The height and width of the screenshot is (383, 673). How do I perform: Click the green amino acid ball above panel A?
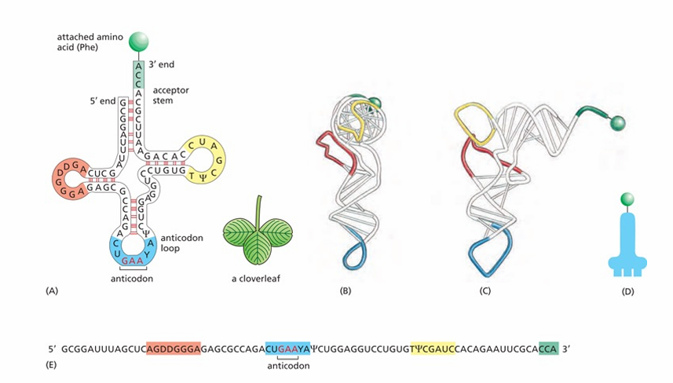pos(139,42)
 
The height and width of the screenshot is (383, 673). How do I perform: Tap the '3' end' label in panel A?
pos(162,65)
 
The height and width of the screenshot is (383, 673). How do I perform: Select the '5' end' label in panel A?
pos(103,101)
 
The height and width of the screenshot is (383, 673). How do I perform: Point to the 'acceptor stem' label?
pos(171,95)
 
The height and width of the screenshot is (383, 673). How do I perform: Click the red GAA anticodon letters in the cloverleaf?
pos(133,261)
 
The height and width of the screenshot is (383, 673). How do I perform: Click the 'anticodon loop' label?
pos(181,243)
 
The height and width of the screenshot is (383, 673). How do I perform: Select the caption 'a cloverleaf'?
pos(256,279)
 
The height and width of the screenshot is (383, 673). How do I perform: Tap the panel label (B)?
pos(345,291)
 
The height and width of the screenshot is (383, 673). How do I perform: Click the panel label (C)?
pos(485,291)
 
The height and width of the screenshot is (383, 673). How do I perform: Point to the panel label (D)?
pos(627,292)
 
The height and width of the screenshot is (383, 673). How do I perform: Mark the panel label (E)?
pos(51,365)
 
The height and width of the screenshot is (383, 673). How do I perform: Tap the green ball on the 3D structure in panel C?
pos(617,123)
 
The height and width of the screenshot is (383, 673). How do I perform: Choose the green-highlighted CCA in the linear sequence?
pos(548,349)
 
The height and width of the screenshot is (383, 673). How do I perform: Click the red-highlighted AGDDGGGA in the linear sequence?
pos(174,349)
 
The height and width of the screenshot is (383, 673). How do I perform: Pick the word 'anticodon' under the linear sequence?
pos(288,366)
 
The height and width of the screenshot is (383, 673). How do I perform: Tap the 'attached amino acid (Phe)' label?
pos(90,42)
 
